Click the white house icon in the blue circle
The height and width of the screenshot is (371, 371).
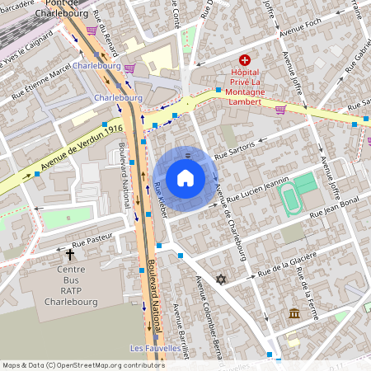[185, 178]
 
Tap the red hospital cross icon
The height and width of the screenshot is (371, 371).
[244, 60]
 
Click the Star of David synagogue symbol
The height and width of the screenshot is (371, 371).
[220, 279]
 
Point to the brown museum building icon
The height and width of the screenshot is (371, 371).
[294, 313]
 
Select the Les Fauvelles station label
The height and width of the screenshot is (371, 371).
[156, 349]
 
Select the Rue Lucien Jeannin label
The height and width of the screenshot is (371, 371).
[259, 193]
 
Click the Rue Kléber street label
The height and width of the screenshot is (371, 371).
[162, 200]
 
